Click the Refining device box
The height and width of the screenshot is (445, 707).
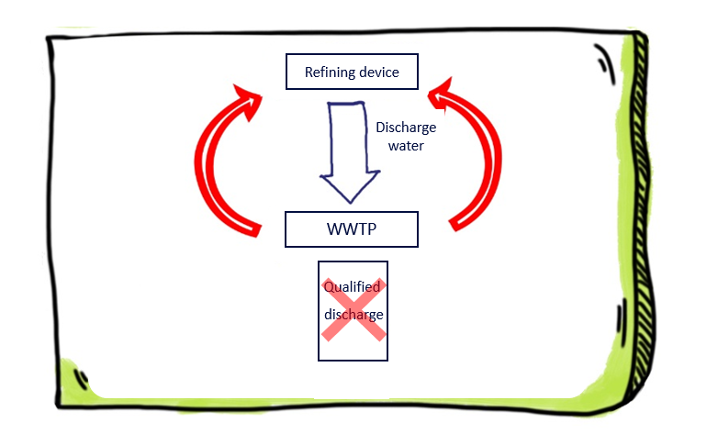[353, 72]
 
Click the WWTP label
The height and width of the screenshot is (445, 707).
[352, 228]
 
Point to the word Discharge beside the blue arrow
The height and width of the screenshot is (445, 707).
[406, 128]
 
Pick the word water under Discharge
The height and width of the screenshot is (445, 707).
[406, 145]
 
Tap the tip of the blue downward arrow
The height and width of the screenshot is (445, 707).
[348, 199]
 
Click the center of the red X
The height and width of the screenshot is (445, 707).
[352, 310]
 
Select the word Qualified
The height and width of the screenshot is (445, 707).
[352, 287]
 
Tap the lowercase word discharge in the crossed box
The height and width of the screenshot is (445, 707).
[353, 315]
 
